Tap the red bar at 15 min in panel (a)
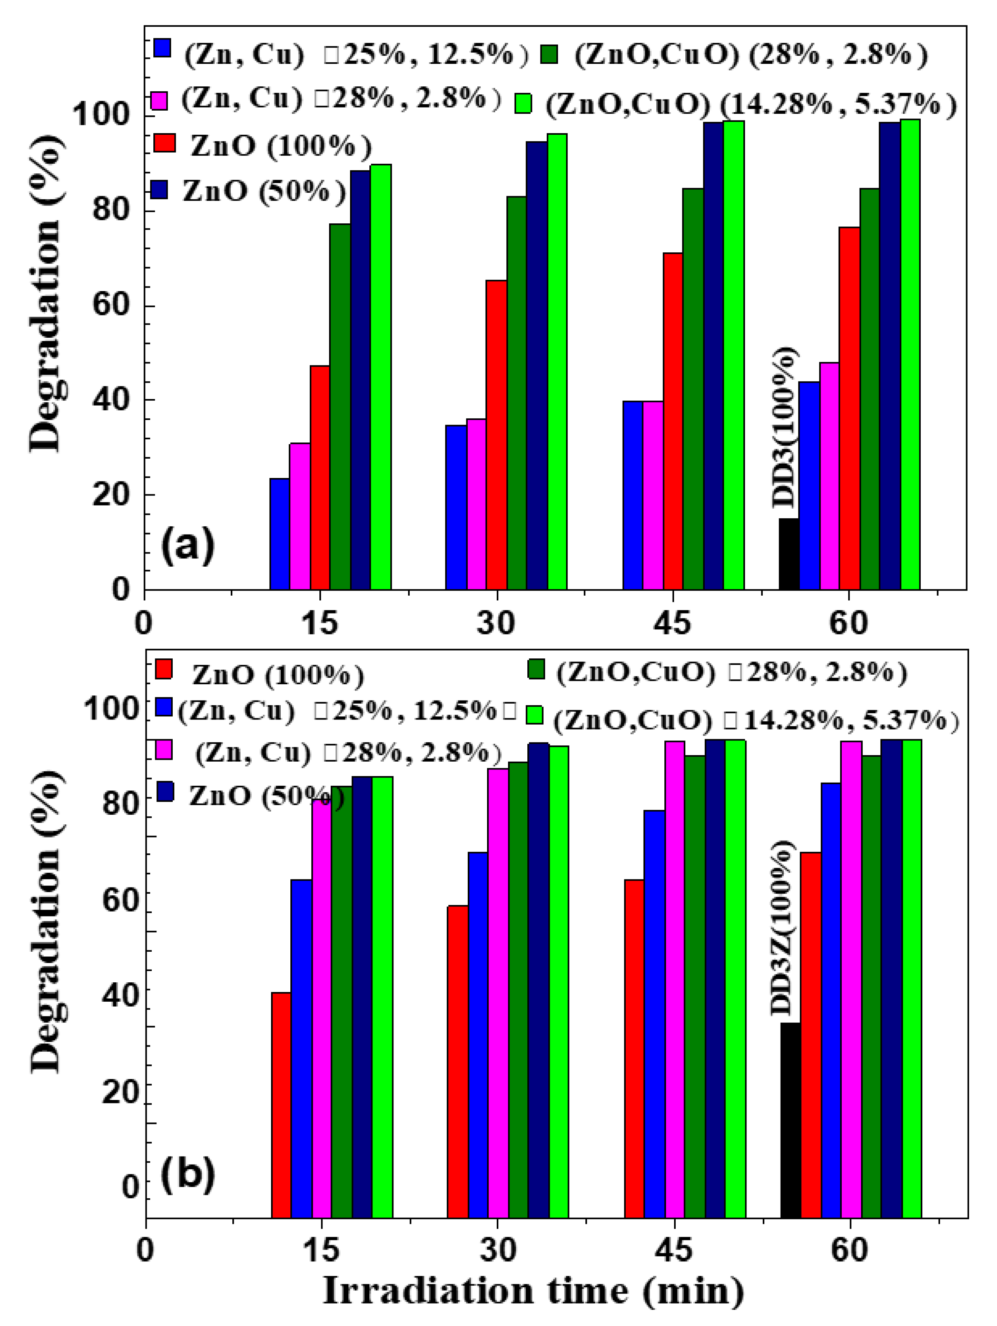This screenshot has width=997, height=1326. pyautogui.click(x=319, y=477)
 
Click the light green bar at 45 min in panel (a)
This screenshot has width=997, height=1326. pyautogui.click(x=734, y=355)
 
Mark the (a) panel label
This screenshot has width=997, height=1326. pyautogui.click(x=187, y=544)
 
